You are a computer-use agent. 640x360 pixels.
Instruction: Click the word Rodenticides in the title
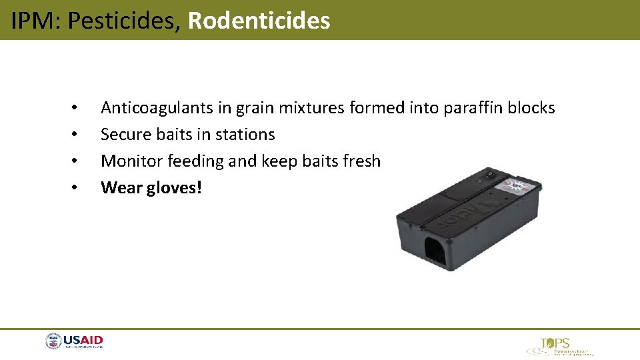(x=259, y=21)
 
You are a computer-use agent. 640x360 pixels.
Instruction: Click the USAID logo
(x=74, y=342)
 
